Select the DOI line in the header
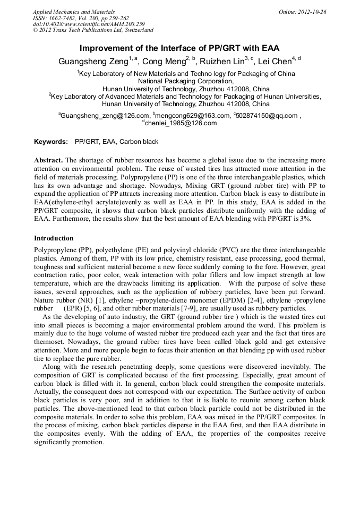click(x=89, y=24)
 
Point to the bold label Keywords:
click(x=51, y=142)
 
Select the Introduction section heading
click(x=54, y=238)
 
